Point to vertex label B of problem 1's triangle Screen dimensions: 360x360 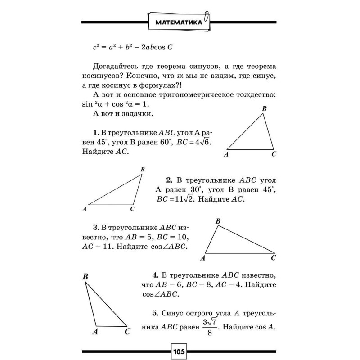click(264, 109)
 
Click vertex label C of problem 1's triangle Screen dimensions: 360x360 click(274, 154)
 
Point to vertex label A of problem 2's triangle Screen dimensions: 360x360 click(85, 209)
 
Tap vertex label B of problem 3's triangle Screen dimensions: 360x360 click(218, 221)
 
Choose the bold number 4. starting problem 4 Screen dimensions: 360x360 click(155, 274)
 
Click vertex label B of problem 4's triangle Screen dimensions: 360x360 click(85, 277)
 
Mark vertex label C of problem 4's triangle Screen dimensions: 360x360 click(127, 332)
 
